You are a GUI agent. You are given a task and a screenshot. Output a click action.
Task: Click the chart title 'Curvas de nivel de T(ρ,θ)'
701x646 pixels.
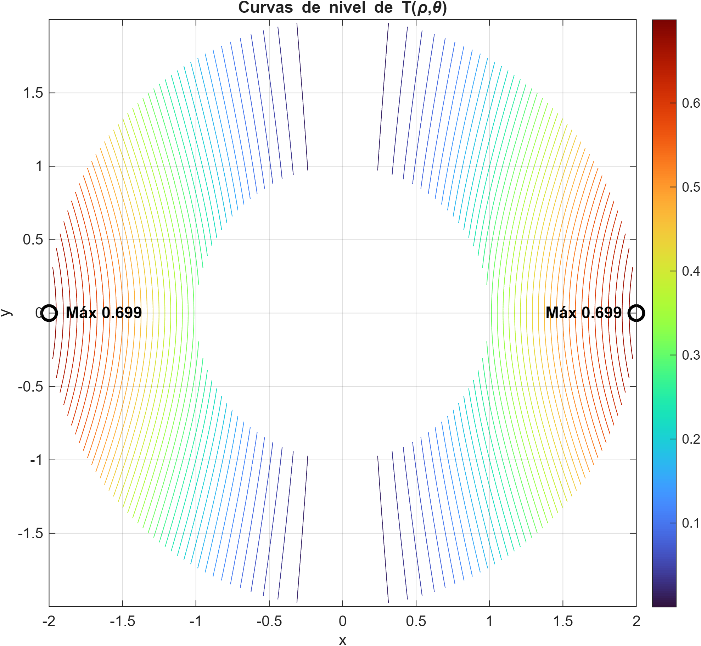pyautogui.click(x=342, y=7)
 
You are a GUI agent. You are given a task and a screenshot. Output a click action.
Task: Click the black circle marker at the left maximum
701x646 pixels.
pyautogui.click(x=49, y=313)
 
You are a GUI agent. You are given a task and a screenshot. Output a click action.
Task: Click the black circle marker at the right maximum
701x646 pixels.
pyautogui.click(x=636, y=313)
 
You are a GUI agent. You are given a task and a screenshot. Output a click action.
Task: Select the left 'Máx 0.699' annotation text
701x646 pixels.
pyautogui.click(x=103, y=313)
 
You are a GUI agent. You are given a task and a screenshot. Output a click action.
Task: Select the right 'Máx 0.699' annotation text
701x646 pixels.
pyautogui.click(x=583, y=313)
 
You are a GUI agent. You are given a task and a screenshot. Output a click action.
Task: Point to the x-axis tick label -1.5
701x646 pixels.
pyautogui.click(x=122, y=621)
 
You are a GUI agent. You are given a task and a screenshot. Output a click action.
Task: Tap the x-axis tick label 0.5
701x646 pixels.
pyautogui.click(x=416, y=621)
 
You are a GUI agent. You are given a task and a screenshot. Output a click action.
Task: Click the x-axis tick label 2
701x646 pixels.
pyautogui.click(x=636, y=621)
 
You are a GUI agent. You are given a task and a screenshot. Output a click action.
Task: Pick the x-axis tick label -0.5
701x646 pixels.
pyautogui.click(x=269, y=621)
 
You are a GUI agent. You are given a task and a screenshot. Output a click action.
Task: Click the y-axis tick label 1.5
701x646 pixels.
pyautogui.click(x=33, y=93)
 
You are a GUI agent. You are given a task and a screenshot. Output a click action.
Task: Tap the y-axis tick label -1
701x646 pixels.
pyautogui.click(x=36, y=460)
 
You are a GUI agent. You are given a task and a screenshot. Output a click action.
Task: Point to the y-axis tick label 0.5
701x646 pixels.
pyautogui.click(x=33, y=240)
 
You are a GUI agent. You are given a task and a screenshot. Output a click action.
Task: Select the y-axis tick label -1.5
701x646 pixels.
pyautogui.click(x=30, y=533)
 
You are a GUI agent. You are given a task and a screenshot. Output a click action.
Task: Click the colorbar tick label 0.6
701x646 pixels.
pyautogui.click(x=691, y=103)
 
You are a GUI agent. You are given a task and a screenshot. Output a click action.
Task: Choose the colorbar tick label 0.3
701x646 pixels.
pyautogui.click(x=691, y=355)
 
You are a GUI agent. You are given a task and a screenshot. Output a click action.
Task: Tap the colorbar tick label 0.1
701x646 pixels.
pyautogui.click(x=691, y=523)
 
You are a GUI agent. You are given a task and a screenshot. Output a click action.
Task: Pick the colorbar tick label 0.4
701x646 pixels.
pyautogui.click(x=691, y=271)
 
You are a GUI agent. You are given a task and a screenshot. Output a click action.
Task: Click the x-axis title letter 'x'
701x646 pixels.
pyautogui.click(x=342, y=640)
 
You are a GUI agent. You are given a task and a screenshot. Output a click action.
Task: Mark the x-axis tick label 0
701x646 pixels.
pyautogui.click(x=342, y=621)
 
